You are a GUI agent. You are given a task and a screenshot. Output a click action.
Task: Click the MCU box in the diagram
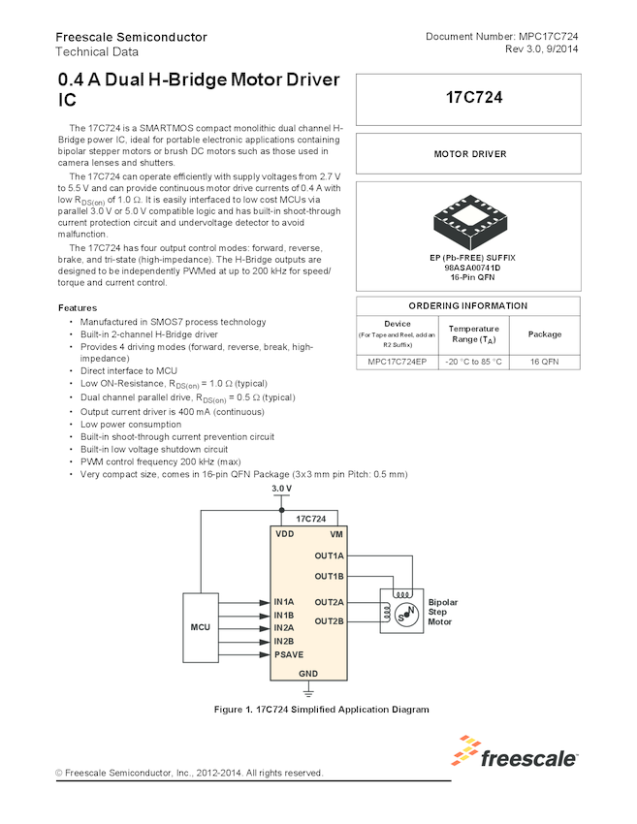200,627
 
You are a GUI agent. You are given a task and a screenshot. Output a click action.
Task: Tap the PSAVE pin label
289,654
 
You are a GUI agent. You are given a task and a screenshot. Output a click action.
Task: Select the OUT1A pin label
329,555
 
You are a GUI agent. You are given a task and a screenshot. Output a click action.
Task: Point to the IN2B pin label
284,641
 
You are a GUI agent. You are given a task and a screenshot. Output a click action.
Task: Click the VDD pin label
284,534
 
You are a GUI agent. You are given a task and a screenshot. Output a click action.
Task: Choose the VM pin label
335,534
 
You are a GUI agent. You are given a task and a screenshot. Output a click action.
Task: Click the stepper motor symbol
400,611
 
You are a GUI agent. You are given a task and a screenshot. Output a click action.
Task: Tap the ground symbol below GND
308,692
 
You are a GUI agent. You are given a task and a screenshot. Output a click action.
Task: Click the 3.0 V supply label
281,488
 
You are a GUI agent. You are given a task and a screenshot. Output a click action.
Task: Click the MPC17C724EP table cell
398,363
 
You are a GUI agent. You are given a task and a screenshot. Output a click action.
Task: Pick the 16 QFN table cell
544,363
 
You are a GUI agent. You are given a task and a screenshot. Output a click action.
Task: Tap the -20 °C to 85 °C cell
474,363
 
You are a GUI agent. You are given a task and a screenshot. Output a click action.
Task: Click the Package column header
544,334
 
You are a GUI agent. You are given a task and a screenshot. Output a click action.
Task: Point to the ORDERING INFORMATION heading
468,305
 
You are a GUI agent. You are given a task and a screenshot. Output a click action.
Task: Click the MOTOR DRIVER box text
469,154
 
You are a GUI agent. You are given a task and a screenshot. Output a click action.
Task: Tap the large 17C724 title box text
468,98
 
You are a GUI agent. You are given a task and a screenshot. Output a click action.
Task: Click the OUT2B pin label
329,621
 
